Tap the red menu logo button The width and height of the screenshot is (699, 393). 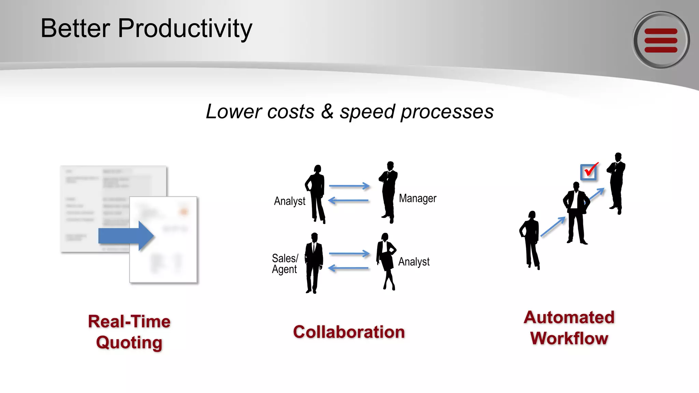(x=661, y=40)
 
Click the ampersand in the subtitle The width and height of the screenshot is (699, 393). (x=327, y=111)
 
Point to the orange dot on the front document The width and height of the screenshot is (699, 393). (x=184, y=212)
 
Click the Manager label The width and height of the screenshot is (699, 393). (x=417, y=198)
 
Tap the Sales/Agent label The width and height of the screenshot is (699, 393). (x=285, y=264)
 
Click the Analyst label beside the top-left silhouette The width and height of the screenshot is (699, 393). (x=289, y=201)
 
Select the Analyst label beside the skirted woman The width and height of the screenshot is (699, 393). (x=414, y=262)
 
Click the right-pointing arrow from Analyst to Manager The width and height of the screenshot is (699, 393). (x=349, y=186)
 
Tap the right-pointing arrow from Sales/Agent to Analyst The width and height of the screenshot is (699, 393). (x=349, y=253)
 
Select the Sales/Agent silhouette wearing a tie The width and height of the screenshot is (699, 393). (x=314, y=263)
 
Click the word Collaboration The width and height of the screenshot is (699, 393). (x=349, y=332)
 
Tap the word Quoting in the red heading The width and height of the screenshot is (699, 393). (x=129, y=343)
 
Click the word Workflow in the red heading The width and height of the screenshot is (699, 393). (x=569, y=338)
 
